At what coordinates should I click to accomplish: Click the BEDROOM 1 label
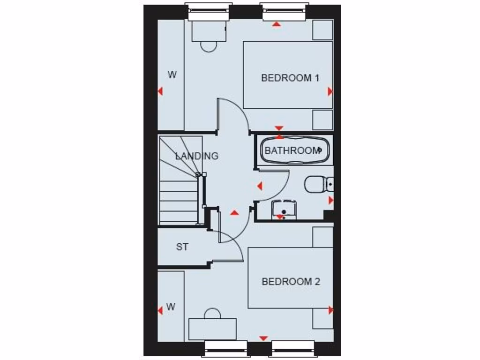(290, 78)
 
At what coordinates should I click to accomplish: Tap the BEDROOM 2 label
(291, 282)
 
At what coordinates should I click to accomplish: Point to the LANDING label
(197, 156)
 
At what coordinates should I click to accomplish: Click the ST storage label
(182, 247)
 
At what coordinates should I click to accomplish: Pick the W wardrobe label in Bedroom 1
(172, 75)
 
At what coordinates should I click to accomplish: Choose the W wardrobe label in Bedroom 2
(171, 307)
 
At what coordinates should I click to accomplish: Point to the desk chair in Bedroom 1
(209, 45)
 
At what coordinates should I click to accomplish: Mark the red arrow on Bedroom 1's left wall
(160, 91)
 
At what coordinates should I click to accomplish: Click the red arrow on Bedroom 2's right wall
(331, 310)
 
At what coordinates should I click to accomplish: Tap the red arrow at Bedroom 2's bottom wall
(263, 338)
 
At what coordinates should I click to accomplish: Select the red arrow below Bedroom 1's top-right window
(277, 23)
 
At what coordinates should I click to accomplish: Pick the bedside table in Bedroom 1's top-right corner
(322, 30)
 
